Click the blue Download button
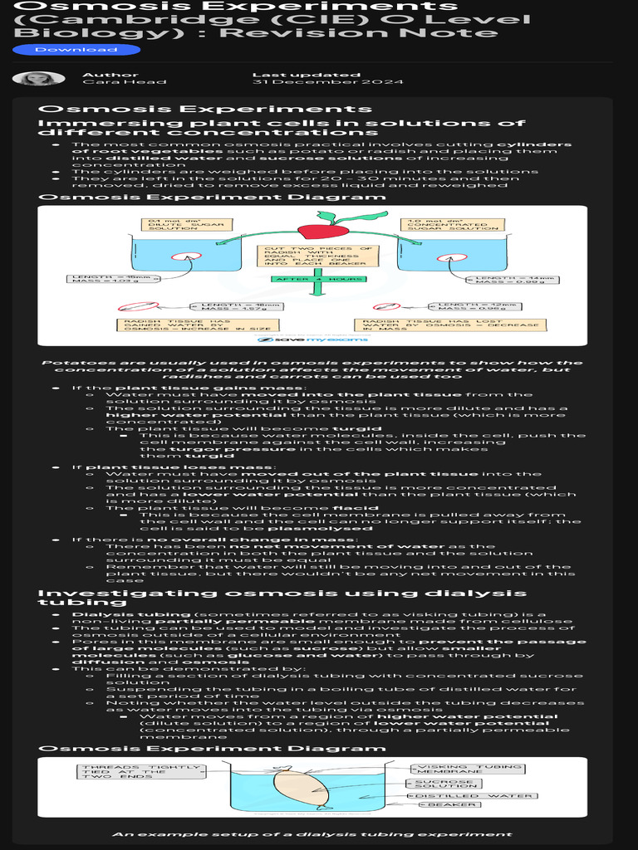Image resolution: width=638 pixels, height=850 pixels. click(76, 50)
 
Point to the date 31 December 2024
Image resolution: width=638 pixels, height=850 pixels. click(327, 82)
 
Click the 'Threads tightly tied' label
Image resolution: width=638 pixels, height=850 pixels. click(140, 770)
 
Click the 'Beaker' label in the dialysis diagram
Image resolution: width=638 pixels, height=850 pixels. click(453, 804)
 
